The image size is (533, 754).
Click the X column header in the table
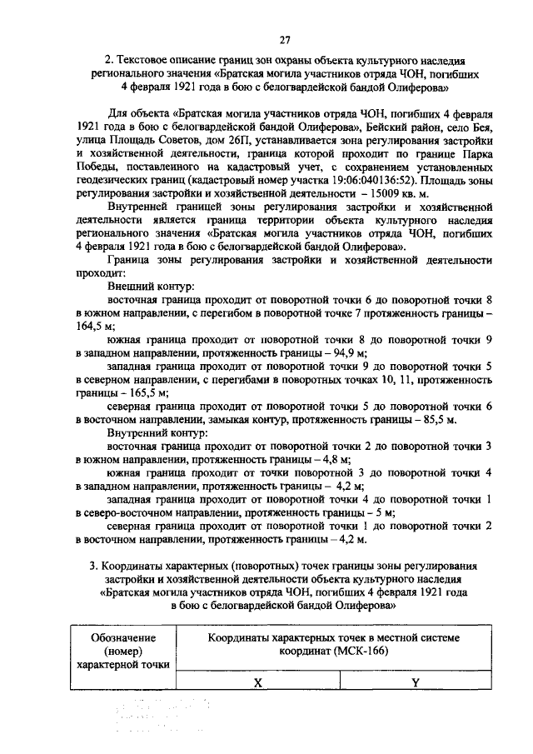pyautogui.click(x=259, y=682)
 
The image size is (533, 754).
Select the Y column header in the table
pyautogui.click(x=415, y=682)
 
